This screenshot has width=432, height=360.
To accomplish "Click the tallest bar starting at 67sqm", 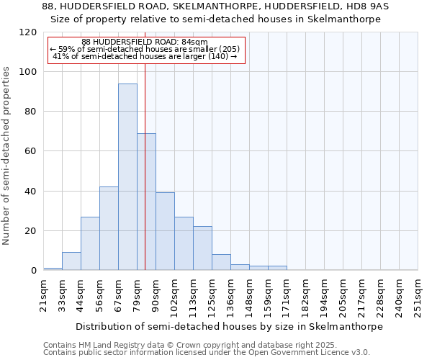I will [127, 177].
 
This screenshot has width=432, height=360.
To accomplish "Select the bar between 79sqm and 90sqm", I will [146, 202].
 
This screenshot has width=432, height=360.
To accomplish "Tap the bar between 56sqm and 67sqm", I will [109, 228].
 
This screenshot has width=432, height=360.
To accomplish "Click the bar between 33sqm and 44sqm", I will [71, 261].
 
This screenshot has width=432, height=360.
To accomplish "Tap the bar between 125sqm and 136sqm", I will [221, 262].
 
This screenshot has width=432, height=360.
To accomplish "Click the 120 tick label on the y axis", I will [28, 32].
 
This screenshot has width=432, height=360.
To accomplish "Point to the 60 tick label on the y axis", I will [31, 151].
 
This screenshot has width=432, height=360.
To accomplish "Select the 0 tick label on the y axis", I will [34, 271].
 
